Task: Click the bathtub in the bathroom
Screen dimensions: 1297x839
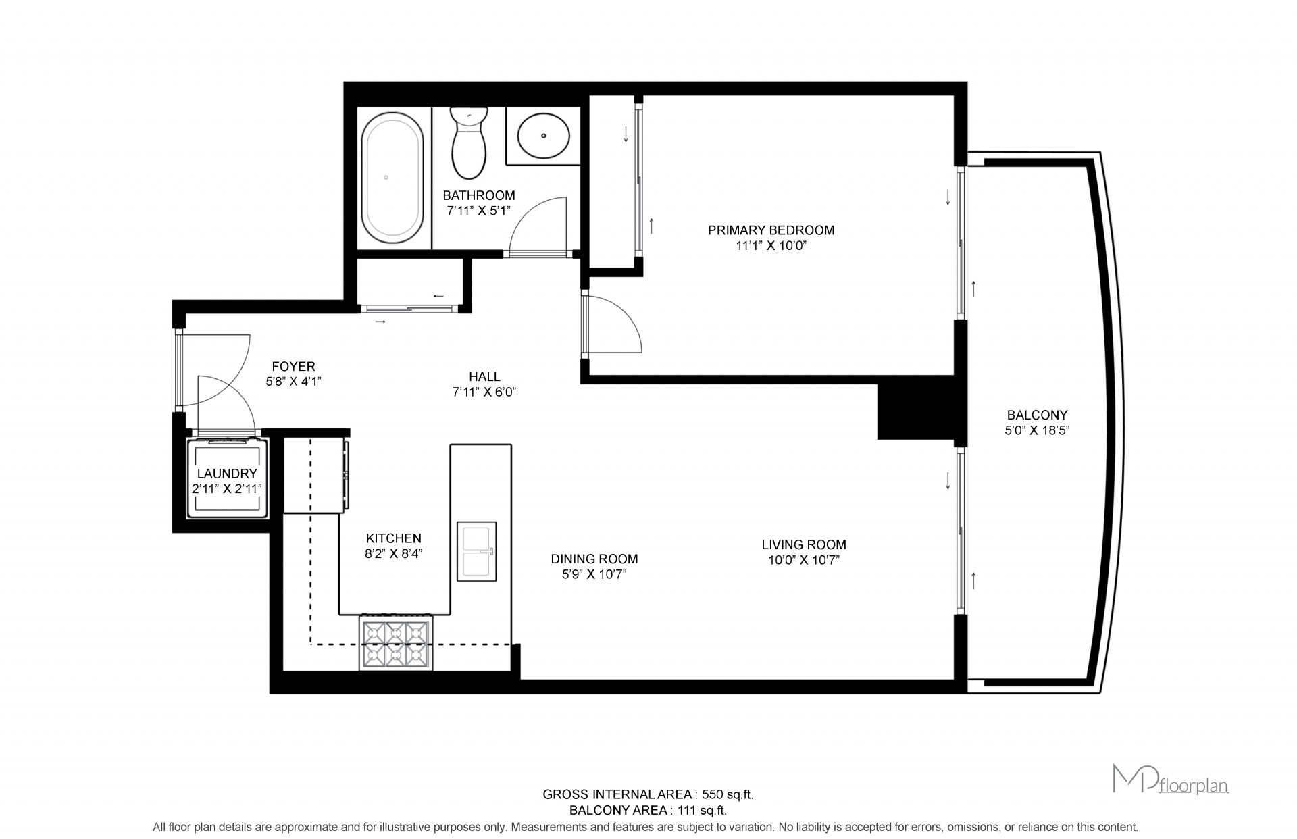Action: click(394, 177)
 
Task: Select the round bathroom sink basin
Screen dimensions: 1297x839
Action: click(543, 134)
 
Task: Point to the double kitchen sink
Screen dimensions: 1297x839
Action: click(477, 551)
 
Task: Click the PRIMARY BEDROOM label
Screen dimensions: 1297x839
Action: click(771, 230)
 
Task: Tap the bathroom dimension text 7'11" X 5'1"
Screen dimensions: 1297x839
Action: click(479, 211)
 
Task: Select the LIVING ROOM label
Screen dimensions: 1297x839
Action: click(804, 544)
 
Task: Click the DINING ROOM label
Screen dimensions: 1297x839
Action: click(594, 559)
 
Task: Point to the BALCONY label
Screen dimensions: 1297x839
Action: click(1037, 415)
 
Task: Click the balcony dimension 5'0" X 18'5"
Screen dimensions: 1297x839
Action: click(1037, 430)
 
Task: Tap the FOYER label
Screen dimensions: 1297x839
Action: click(293, 366)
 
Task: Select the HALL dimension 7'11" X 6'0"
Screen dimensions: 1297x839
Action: click(484, 392)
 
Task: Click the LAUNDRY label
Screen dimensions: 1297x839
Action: click(227, 474)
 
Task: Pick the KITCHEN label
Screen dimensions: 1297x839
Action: click(394, 538)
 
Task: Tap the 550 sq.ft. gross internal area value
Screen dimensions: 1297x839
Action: click(728, 794)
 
